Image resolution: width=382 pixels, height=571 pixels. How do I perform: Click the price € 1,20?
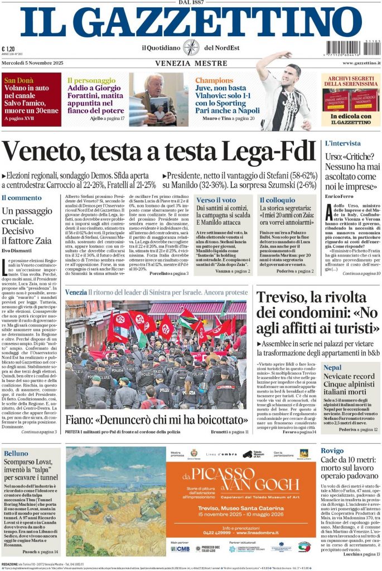tap(8, 49)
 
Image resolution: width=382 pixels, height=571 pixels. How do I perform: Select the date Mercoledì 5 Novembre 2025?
tap(31, 62)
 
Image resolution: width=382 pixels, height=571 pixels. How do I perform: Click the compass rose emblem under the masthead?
tap(191, 48)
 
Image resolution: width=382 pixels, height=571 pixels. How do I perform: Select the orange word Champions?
tap(214, 80)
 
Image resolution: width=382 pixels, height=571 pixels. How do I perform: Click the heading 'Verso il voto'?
tap(216, 199)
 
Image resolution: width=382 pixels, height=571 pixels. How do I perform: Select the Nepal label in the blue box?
tap(333, 367)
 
